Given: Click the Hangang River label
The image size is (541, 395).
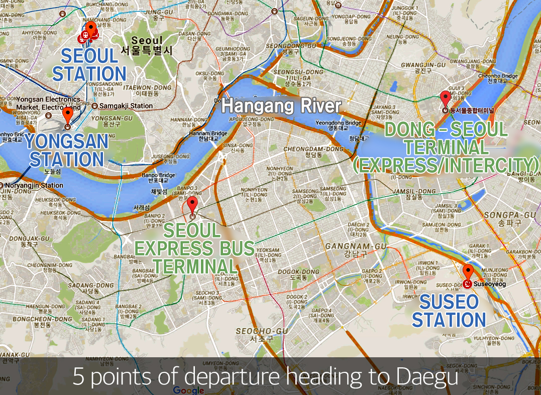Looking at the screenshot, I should (281, 106).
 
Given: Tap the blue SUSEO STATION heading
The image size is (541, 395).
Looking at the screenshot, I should (449, 310).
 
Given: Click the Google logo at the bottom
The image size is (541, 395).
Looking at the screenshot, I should (189, 390).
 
